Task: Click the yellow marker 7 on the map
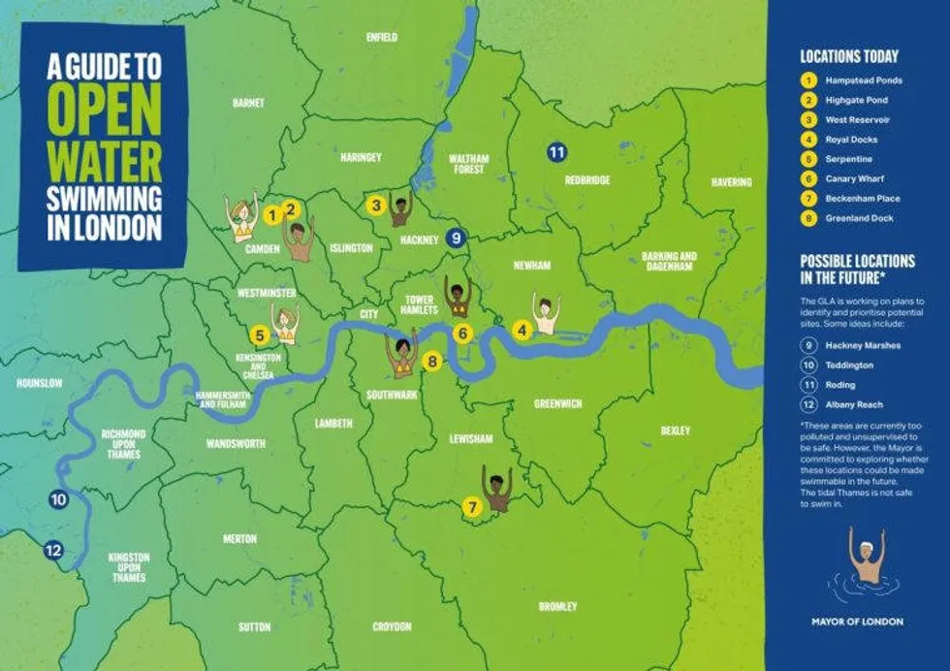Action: point(472,506)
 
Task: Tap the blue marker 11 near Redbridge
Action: point(556,152)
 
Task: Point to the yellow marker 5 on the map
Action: point(259,335)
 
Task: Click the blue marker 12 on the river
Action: point(53,551)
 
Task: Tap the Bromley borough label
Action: point(557,607)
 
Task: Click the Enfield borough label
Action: point(382,37)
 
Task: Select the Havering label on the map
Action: point(731,182)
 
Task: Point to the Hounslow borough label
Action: point(39,384)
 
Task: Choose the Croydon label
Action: point(392,627)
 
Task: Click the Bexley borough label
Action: point(675,430)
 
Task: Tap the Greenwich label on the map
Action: point(557,404)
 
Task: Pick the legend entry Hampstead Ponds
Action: point(862,80)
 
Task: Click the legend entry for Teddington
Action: point(849,366)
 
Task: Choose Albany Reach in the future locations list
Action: point(854,404)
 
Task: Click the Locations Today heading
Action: point(848,56)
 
